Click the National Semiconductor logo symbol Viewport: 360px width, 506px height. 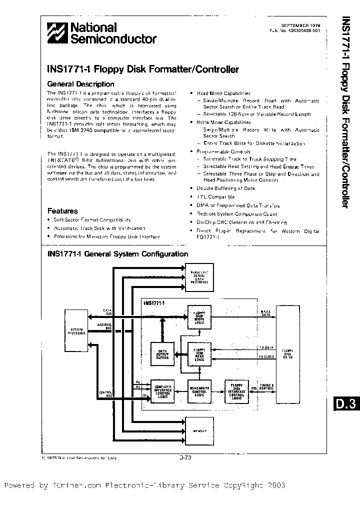(x=57, y=33)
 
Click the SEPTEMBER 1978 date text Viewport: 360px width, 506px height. (x=301, y=24)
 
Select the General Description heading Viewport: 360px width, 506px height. (x=80, y=84)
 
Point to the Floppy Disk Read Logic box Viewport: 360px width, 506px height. (x=199, y=354)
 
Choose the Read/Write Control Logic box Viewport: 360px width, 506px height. (x=199, y=391)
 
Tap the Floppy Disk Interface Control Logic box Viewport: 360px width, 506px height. (x=236, y=391)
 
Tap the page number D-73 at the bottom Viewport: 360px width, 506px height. (x=185, y=457)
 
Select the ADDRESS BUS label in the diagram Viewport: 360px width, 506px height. (x=104, y=325)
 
